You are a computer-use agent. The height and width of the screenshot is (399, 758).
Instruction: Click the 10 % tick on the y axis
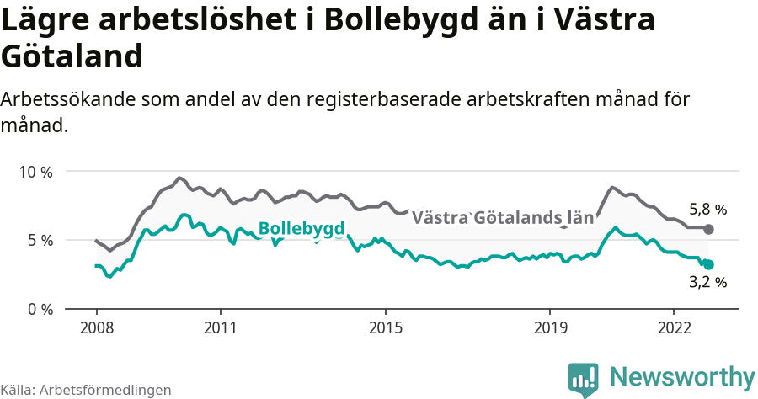(35, 172)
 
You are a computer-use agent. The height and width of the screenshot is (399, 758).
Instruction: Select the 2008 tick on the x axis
(96, 326)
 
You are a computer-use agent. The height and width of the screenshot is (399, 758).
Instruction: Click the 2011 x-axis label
(220, 326)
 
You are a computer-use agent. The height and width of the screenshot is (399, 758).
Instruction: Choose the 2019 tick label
(550, 326)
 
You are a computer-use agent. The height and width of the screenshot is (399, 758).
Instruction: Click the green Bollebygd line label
(301, 229)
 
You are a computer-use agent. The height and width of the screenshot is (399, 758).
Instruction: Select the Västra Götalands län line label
(502, 218)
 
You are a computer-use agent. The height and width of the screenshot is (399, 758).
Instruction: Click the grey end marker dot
(708, 229)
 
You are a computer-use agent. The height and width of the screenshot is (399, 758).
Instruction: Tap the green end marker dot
(708, 264)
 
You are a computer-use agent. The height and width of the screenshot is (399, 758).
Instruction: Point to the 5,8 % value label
(707, 210)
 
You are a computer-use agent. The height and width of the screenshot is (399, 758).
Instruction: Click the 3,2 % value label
(707, 283)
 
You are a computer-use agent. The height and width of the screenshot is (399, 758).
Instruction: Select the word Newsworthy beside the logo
(682, 377)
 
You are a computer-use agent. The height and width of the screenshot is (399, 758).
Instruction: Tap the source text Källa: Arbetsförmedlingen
(86, 390)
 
